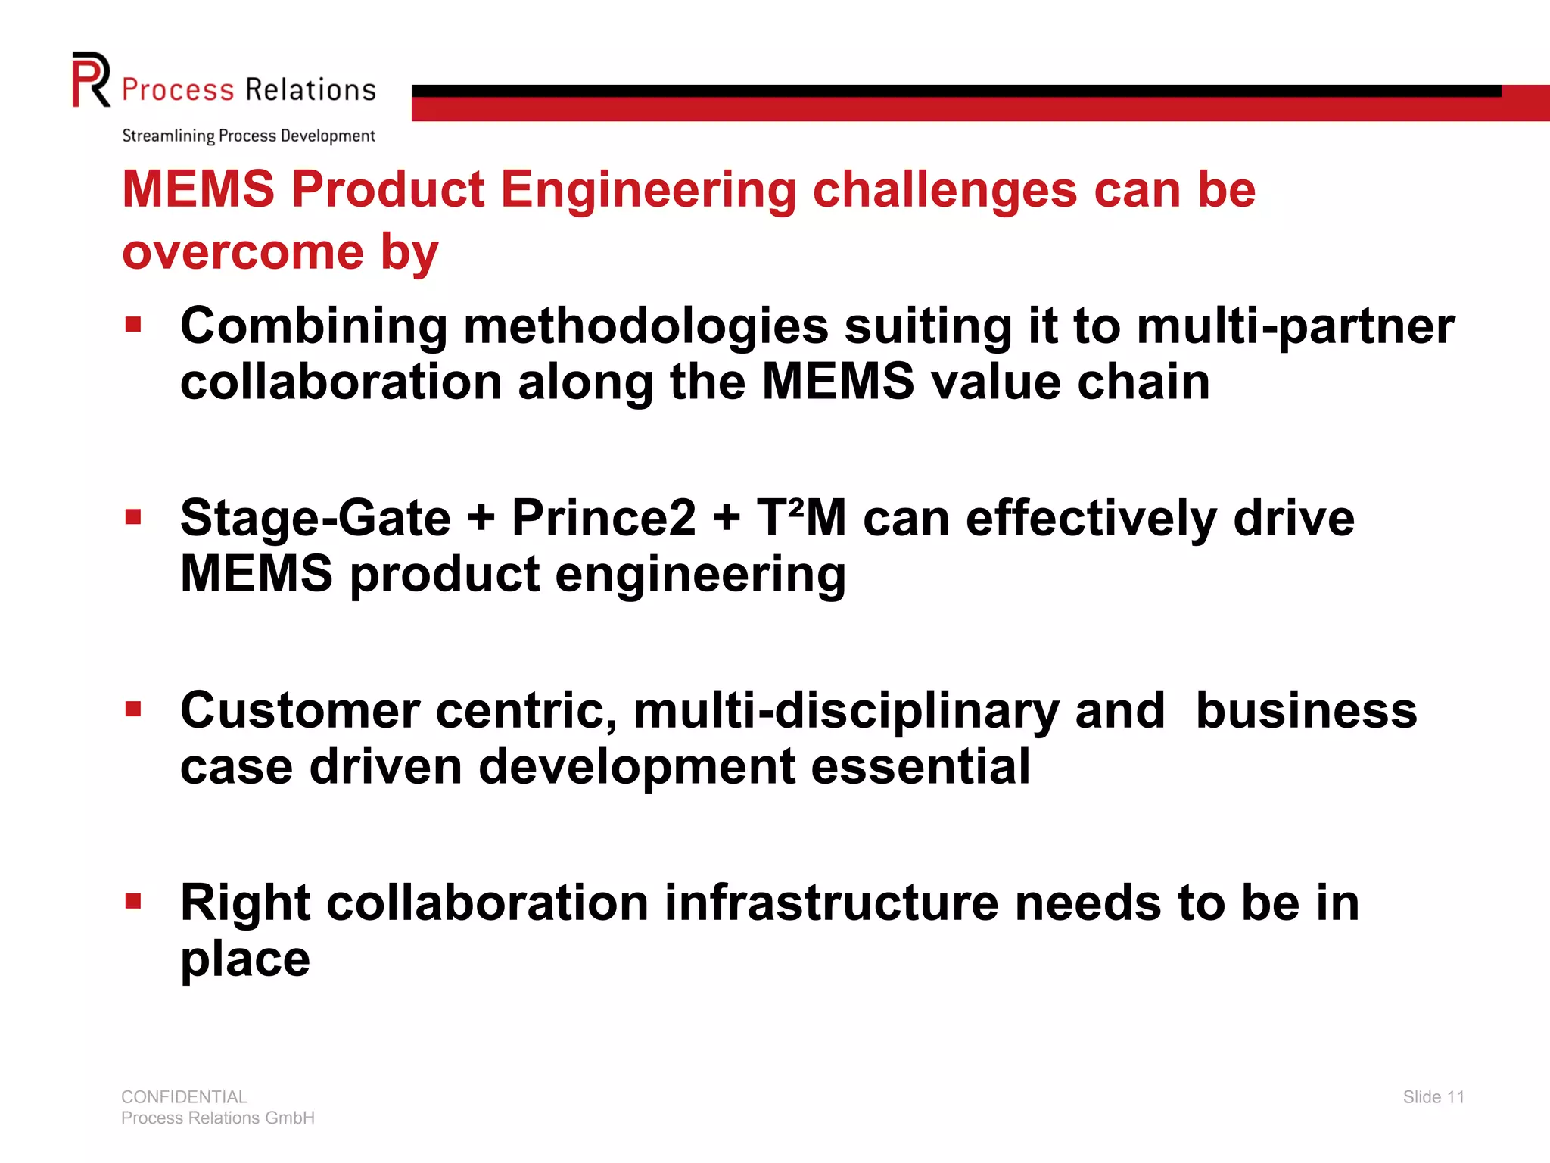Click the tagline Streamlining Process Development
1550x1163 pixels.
(248, 136)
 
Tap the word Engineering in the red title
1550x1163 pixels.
(648, 189)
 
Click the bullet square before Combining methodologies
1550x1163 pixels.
(134, 326)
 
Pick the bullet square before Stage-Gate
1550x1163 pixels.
(134, 518)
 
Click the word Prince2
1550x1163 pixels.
(603, 519)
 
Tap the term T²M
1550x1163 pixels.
(801, 519)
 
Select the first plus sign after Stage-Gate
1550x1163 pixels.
(481, 519)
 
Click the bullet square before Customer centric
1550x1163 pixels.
(134, 709)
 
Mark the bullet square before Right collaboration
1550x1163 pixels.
(134, 901)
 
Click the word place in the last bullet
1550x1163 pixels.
(245, 960)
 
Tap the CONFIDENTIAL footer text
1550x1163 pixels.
(184, 1097)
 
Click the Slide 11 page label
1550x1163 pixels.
(1433, 1097)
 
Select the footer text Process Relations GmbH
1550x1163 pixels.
(218, 1118)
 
